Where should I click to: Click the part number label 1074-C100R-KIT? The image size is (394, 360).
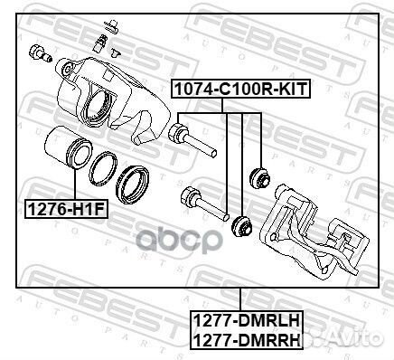[x=240, y=89]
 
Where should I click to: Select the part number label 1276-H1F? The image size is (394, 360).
[x=66, y=209]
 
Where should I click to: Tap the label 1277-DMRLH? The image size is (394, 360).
[x=246, y=320]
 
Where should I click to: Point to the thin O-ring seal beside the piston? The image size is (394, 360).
[x=103, y=168]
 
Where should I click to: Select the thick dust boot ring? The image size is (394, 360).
[x=132, y=185]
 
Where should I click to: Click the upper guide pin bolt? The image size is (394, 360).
[x=192, y=139]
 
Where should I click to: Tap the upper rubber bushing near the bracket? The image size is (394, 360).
[x=260, y=178]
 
